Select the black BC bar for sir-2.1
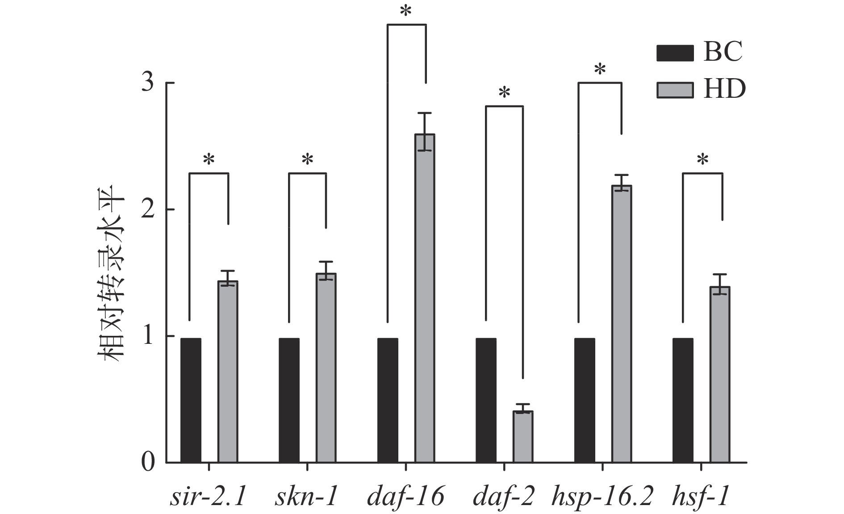[x=191, y=400]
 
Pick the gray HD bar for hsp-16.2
[x=622, y=324]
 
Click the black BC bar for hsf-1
[x=683, y=400]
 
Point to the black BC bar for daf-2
[x=486, y=400]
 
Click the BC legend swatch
[x=675, y=53]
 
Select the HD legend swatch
[x=675, y=90]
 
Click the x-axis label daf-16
[x=405, y=497]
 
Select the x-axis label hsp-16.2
[x=602, y=497]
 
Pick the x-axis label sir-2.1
[x=208, y=497]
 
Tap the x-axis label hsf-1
[x=701, y=497]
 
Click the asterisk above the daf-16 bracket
[x=406, y=12]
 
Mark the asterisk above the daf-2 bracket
[x=504, y=93]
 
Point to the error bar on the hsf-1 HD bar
[x=720, y=284]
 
